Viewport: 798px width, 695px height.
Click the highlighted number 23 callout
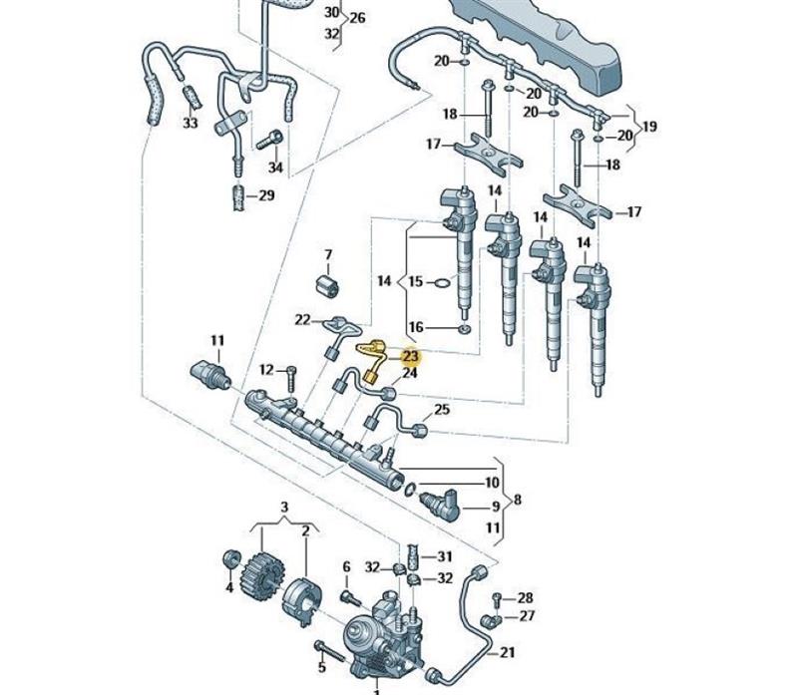tap(410, 357)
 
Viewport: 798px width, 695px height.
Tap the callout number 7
tap(328, 254)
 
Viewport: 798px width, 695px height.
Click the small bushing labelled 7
tap(327, 285)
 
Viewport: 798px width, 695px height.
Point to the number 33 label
tap(190, 123)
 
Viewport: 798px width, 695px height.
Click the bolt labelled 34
tap(269, 139)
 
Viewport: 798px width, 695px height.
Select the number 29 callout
tap(266, 195)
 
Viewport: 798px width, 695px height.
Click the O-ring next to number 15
tap(443, 282)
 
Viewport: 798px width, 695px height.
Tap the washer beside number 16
tap(465, 329)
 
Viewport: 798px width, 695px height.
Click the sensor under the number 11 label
tap(211, 376)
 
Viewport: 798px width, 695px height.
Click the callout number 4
tap(229, 587)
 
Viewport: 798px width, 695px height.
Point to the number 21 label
tap(508, 652)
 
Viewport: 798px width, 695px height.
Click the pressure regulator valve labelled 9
tap(440, 505)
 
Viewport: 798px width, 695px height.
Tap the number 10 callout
tap(492, 482)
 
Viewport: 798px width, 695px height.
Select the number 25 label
tap(442, 409)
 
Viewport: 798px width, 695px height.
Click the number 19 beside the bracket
tap(649, 127)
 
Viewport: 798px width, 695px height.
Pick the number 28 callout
tap(525, 597)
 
